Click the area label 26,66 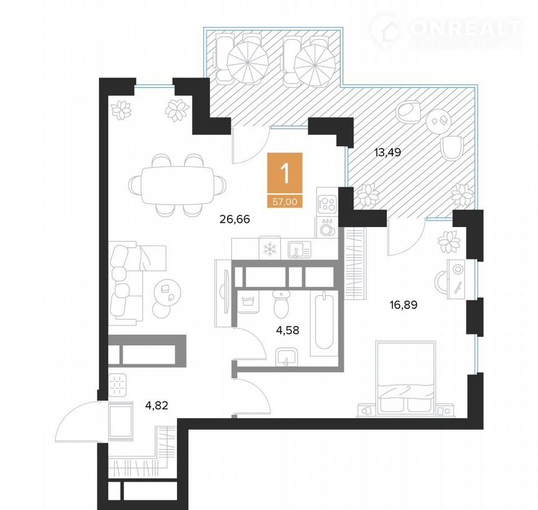pyautogui.click(x=235, y=219)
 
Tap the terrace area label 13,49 pyautogui.click(x=387, y=152)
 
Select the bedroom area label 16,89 pyautogui.click(x=403, y=304)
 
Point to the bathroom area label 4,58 pyautogui.click(x=287, y=330)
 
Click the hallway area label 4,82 pyautogui.click(x=157, y=406)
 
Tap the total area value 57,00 pyautogui.click(x=285, y=202)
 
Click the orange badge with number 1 pyautogui.click(x=285, y=173)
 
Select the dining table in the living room pyautogui.click(x=178, y=186)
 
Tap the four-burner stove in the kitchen pyautogui.click(x=327, y=203)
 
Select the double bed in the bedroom pyautogui.click(x=406, y=378)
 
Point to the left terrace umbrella pyautogui.click(x=248, y=63)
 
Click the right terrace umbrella pyautogui.click(x=314, y=65)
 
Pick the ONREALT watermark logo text pyautogui.click(x=465, y=29)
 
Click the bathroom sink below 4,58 pyautogui.click(x=286, y=357)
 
